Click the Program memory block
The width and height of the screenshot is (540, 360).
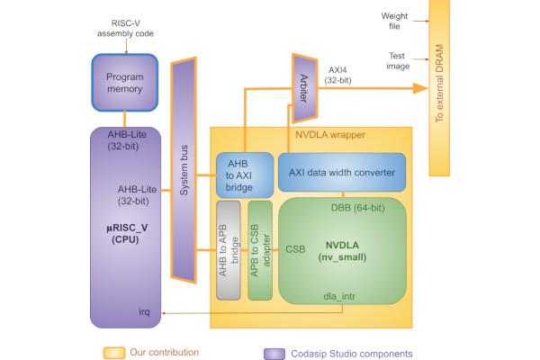(x=125, y=84)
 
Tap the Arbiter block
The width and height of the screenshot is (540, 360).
(x=302, y=87)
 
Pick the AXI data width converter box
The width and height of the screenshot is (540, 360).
(x=342, y=172)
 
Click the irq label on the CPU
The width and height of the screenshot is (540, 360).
(x=143, y=311)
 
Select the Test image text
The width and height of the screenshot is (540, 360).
(x=395, y=58)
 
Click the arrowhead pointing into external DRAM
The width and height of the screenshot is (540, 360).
(x=419, y=88)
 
